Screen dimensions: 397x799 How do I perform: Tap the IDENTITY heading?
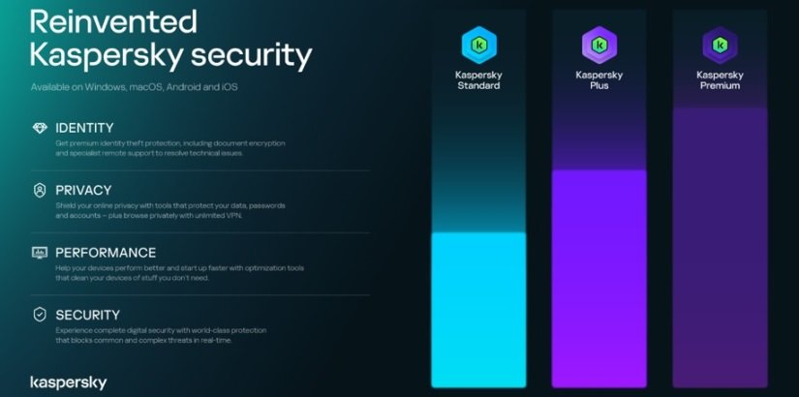coord(84,128)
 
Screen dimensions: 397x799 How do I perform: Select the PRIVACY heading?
coord(83,190)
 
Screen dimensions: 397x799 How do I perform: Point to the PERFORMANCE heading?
coord(106,253)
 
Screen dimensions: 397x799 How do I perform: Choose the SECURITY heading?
coord(88,315)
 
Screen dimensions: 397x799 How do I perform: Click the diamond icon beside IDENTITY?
coord(40,128)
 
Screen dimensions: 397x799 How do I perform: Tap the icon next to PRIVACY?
coord(40,191)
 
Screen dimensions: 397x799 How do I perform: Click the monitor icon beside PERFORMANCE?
coord(40,253)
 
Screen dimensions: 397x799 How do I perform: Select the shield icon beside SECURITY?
coord(40,315)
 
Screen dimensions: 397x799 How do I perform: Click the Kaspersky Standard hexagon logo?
coord(478,45)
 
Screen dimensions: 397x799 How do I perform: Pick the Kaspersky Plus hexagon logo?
coord(599,45)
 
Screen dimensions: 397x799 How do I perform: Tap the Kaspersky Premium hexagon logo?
coord(720,45)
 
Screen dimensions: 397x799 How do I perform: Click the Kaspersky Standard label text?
coord(478,80)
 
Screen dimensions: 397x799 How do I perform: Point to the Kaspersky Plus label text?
coord(599,80)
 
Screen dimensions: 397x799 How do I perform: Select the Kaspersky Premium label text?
coord(720,80)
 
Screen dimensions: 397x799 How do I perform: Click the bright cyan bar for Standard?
coord(478,310)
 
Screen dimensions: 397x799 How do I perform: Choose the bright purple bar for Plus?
coord(599,281)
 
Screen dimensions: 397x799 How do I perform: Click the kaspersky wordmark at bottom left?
coord(69,382)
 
